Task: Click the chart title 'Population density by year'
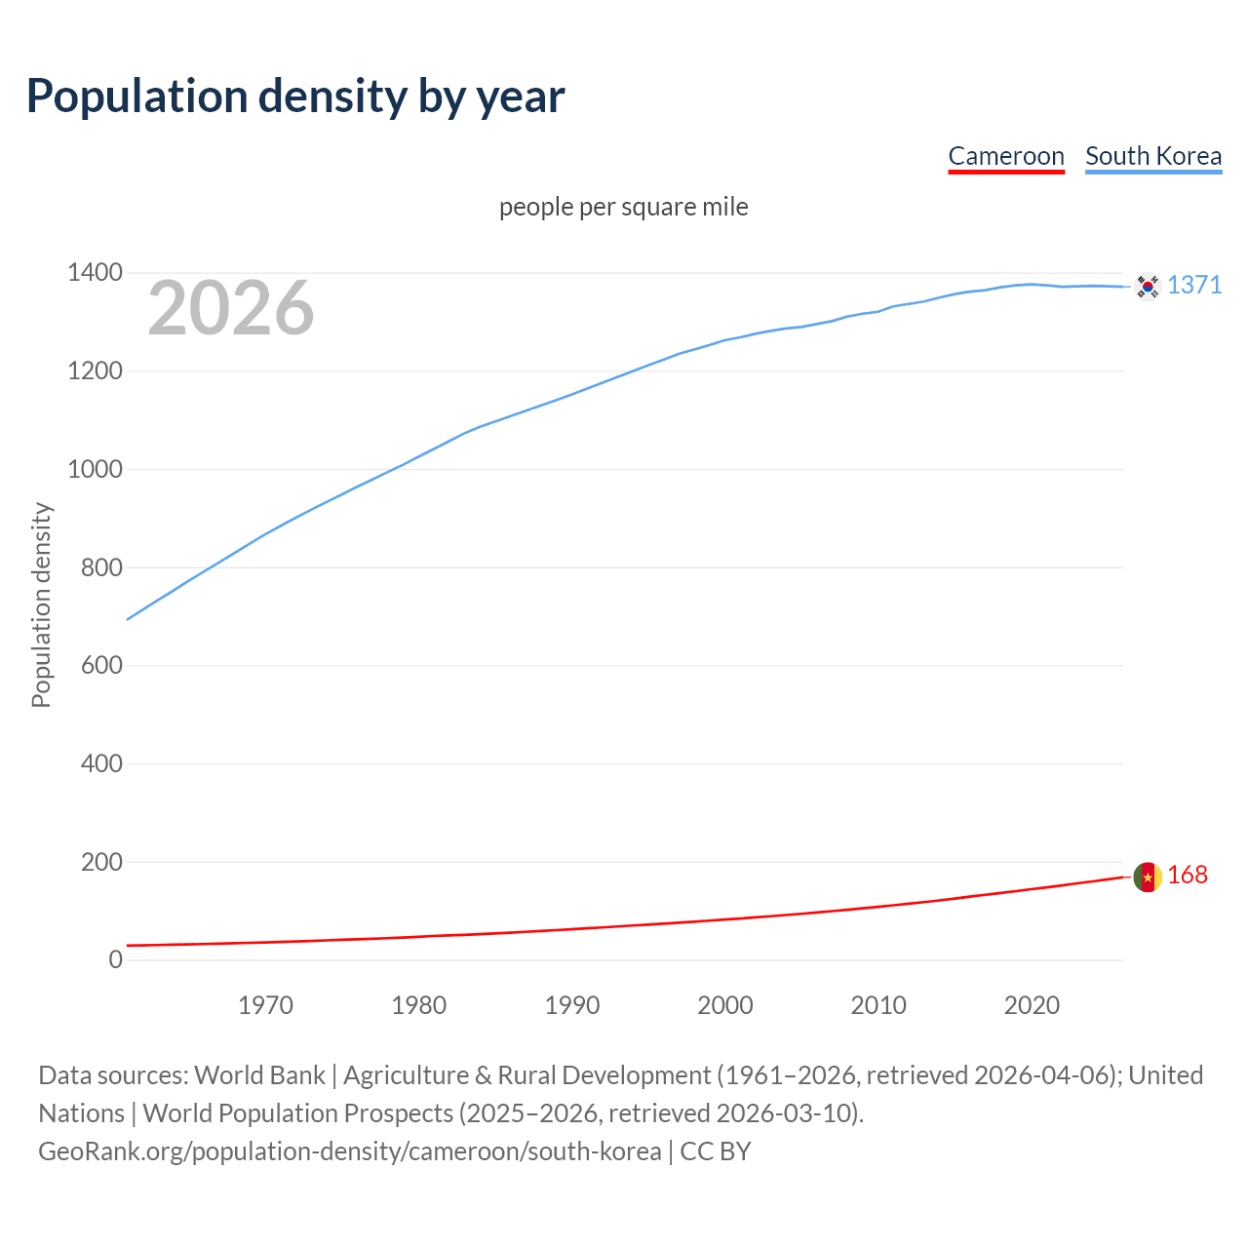(295, 96)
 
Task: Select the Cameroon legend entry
(1005, 156)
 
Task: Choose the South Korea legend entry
(1152, 156)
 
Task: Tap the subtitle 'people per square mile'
(623, 207)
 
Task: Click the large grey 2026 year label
(231, 308)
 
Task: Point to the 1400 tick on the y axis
(95, 273)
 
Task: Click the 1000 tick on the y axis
(95, 469)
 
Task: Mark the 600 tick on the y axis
(101, 665)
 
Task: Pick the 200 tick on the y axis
(101, 862)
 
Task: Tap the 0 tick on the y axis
(116, 959)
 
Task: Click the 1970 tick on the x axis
(265, 1005)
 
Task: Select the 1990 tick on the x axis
(572, 1005)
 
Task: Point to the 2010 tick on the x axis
(878, 1005)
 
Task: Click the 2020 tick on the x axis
(1032, 1005)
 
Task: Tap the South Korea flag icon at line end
(1148, 286)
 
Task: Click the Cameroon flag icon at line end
(1148, 877)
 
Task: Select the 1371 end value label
(1194, 285)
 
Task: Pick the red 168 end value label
(1188, 876)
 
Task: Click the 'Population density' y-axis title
(41, 604)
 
